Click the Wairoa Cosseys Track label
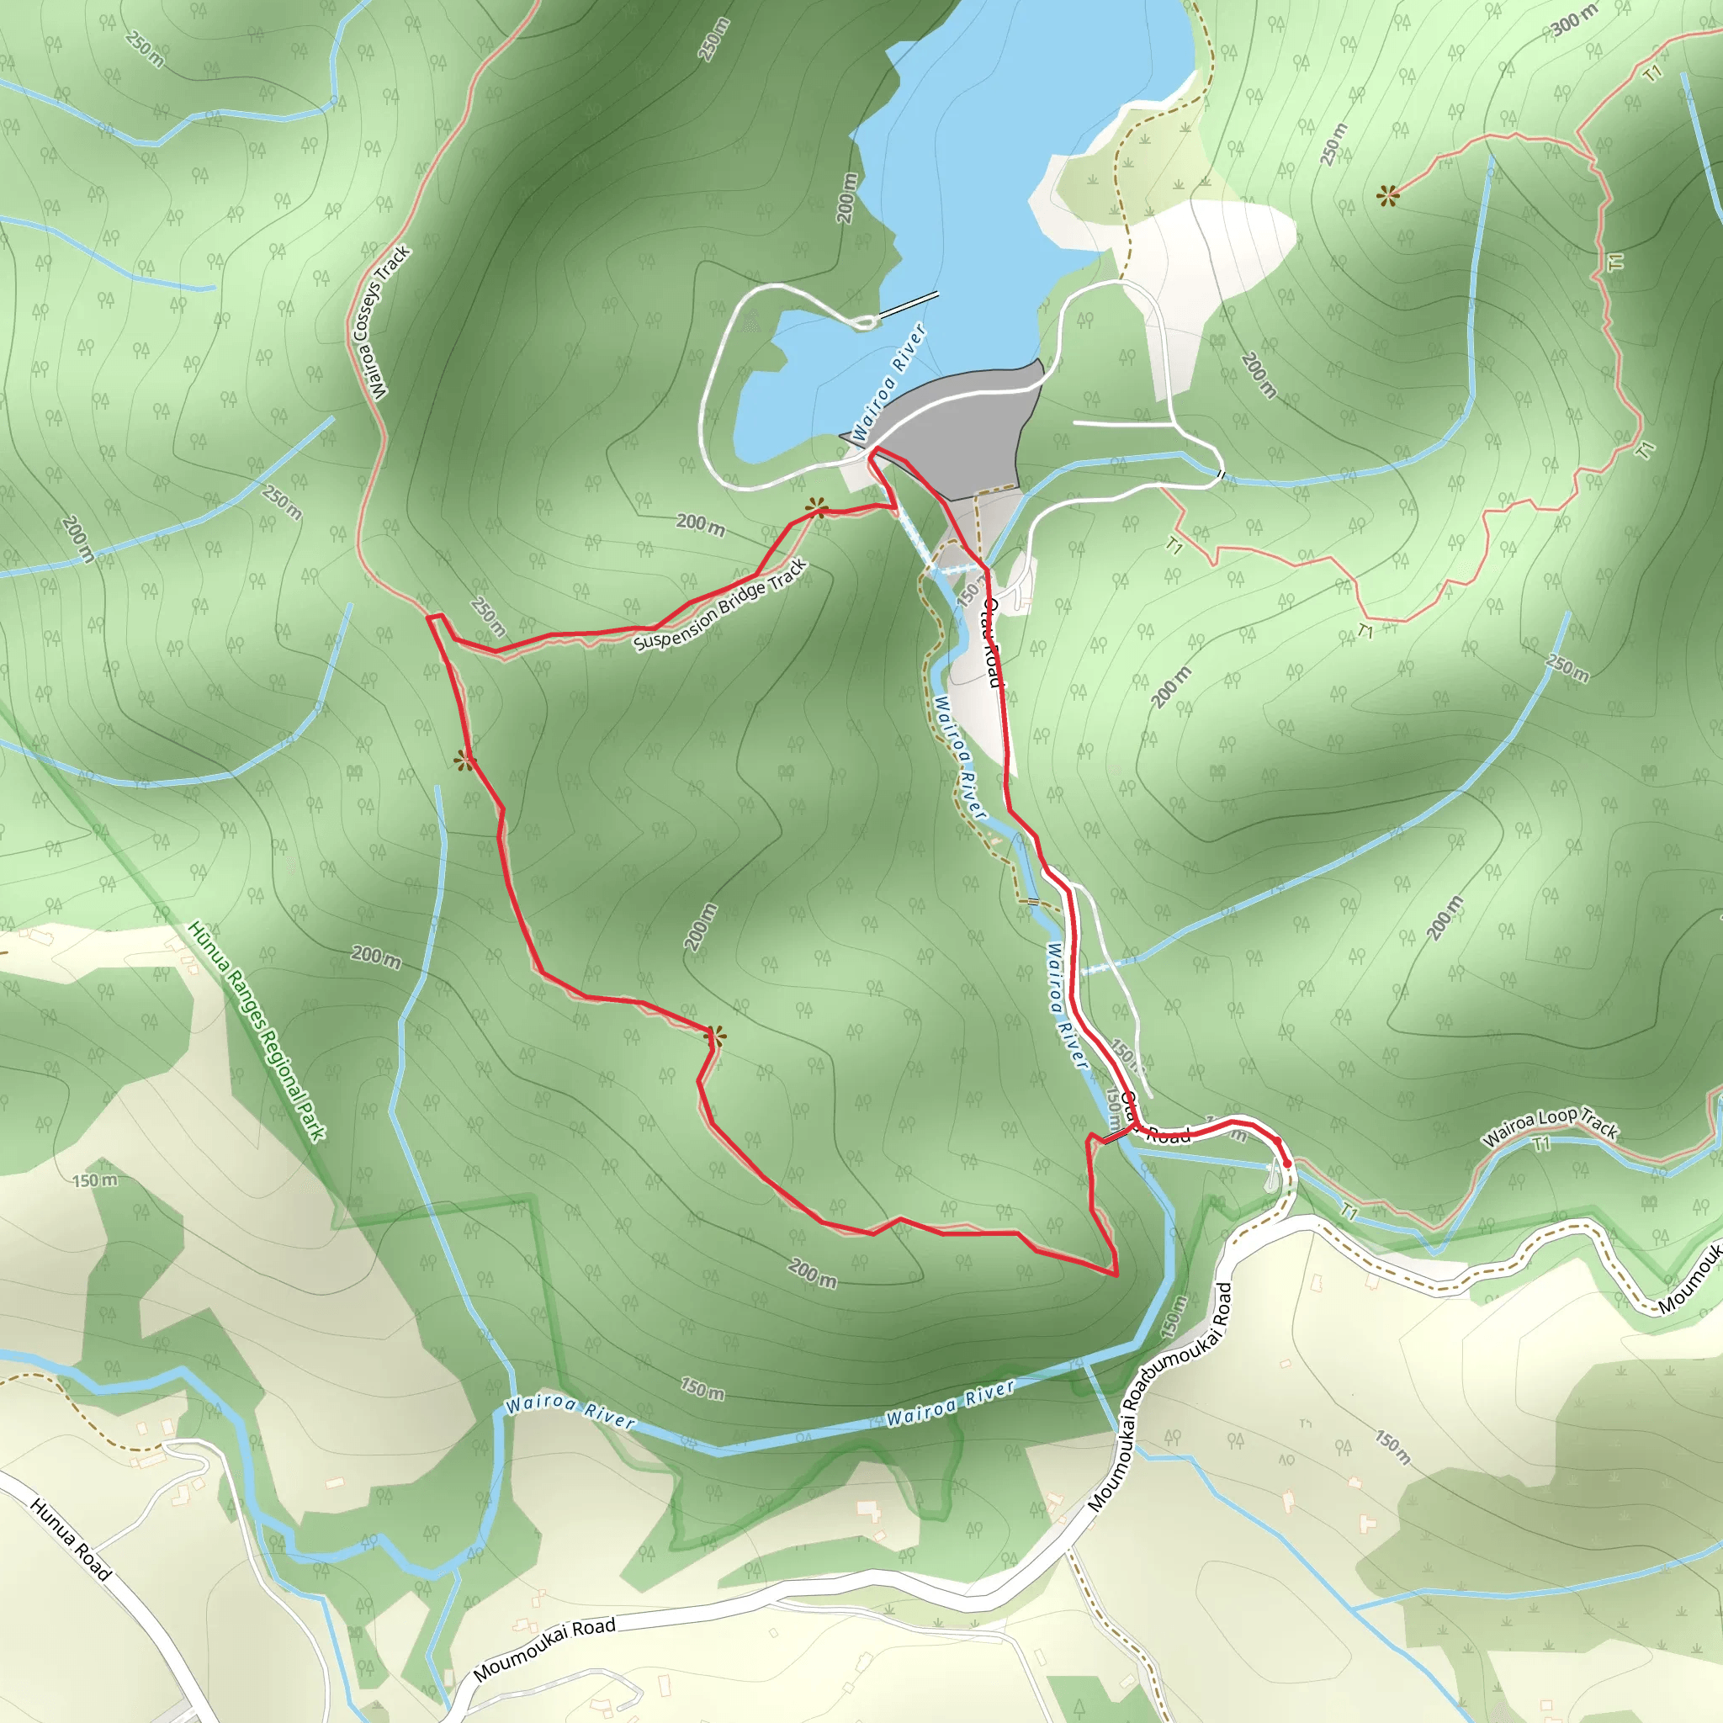coord(379,323)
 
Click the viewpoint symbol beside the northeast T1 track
coord(1386,195)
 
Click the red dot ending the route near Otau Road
coord(1287,1163)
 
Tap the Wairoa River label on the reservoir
coord(889,384)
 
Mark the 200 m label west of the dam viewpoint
coord(700,524)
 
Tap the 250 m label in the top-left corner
coord(145,48)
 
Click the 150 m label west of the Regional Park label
coord(94,1180)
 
